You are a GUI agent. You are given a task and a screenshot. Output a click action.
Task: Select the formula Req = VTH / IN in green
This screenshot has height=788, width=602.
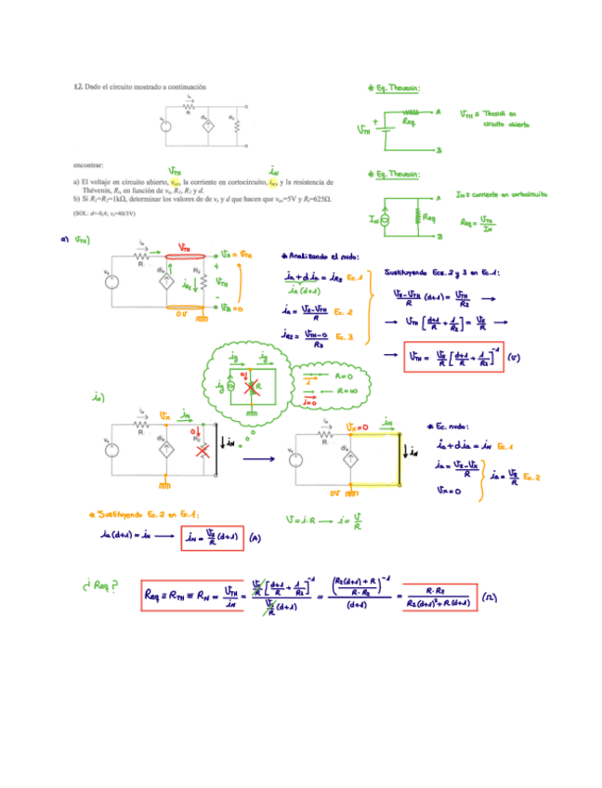point(477,222)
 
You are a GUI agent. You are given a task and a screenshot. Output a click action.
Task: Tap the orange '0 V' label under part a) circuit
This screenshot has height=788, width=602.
point(185,315)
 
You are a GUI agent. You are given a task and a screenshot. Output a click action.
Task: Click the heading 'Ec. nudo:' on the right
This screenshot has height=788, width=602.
point(451,425)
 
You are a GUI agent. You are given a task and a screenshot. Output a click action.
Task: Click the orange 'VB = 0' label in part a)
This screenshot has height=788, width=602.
point(232,308)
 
